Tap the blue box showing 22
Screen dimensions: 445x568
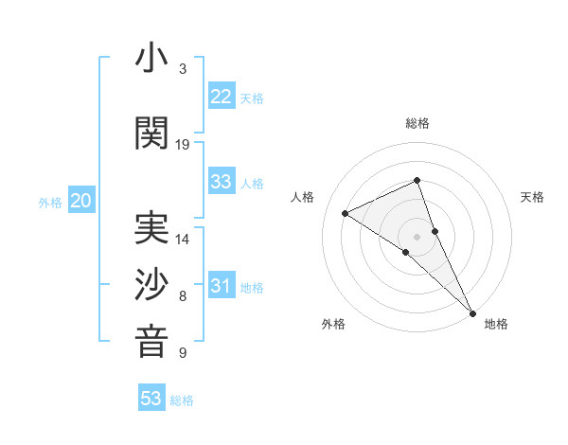pos(222,97)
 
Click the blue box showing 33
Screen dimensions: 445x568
pos(222,182)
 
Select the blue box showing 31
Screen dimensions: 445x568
pos(222,286)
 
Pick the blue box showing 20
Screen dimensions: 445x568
pos(81,201)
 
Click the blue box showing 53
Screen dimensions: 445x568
pos(151,399)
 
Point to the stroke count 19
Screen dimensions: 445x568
pos(183,145)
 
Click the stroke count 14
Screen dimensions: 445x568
pos(183,240)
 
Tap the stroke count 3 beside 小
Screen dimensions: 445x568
pos(183,69)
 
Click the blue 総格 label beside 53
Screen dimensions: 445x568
pos(182,400)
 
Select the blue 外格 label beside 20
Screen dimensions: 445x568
pos(50,203)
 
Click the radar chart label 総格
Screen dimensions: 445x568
pos(417,123)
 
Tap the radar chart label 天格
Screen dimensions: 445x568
pos(532,197)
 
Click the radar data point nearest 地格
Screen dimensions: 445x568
pos(472,311)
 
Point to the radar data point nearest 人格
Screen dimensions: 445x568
pos(346,213)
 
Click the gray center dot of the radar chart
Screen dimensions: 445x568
pos(417,236)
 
